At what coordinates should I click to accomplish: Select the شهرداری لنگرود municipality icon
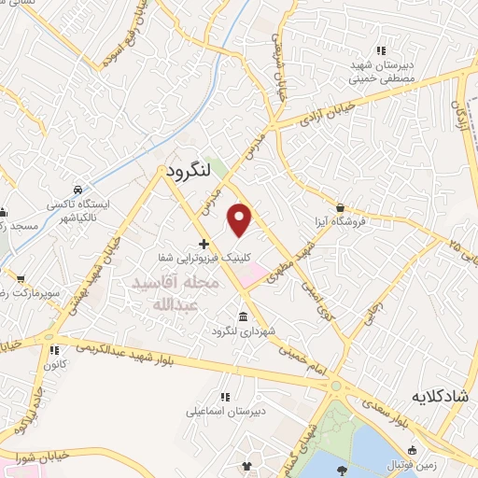244,316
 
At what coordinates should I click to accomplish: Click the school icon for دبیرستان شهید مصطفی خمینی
380,50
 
